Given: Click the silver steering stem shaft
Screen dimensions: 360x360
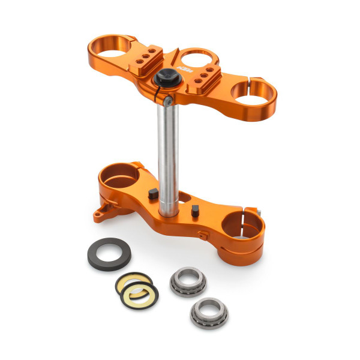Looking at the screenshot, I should click(169, 156).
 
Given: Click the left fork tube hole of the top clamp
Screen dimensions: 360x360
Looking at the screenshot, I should click(112, 47).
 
